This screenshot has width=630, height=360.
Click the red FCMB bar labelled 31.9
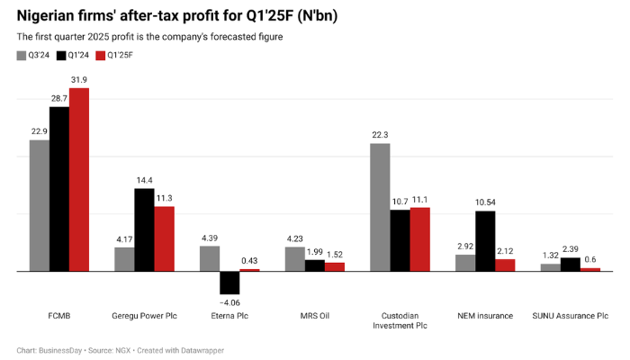pyautogui.click(x=80, y=179)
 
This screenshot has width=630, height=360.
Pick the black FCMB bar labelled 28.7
pyautogui.click(x=59, y=188)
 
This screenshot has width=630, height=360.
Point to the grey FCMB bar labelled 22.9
pyautogui.click(x=40, y=205)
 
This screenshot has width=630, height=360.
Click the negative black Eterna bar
pyautogui.click(x=229, y=283)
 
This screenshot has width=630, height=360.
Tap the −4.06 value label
pyautogui.click(x=229, y=302)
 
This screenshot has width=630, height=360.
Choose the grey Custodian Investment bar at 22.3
pyautogui.click(x=380, y=207)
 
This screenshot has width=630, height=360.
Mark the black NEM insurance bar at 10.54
pyautogui.click(x=485, y=240)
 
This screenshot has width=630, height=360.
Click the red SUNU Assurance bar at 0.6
pyautogui.click(x=590, y=269)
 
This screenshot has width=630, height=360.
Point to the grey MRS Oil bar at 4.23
pyautogui.click(x=294, y=258)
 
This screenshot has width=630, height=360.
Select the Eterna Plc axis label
pyautogui.click(x=229, y=316)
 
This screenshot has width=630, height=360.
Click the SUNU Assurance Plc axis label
pyautogui.click(x=571, y=316)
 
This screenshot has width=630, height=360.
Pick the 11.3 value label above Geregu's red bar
pyautogui.click(x=164, y=199)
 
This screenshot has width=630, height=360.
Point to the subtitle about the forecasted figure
pyautogui.click(x=149, y=37)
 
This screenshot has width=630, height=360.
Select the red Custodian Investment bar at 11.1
pyautogui.click(x=419, y=238)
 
